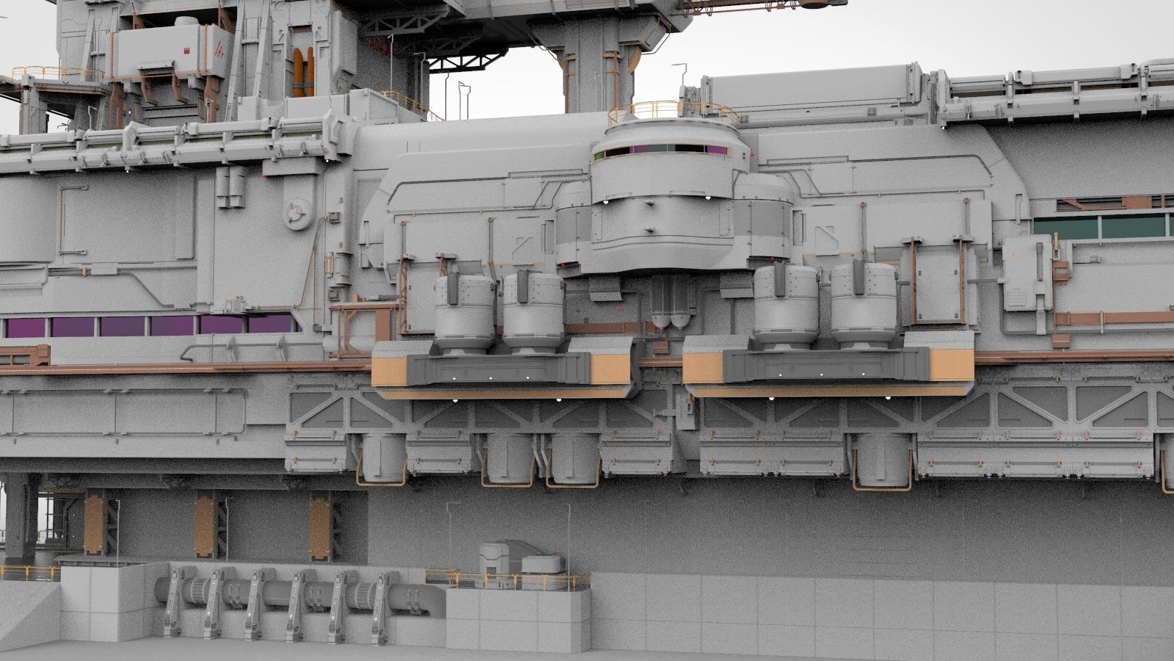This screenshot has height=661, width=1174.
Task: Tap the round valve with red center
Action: pos(295,212)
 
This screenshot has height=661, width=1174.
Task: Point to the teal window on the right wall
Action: pos(1101,227)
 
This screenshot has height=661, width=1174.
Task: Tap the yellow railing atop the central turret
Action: pos(671,110)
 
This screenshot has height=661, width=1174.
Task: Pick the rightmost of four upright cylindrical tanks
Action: pos(863,307)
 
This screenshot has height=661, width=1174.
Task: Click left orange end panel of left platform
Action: pos(390,369)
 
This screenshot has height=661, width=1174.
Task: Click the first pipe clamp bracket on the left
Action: pos(171,601)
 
